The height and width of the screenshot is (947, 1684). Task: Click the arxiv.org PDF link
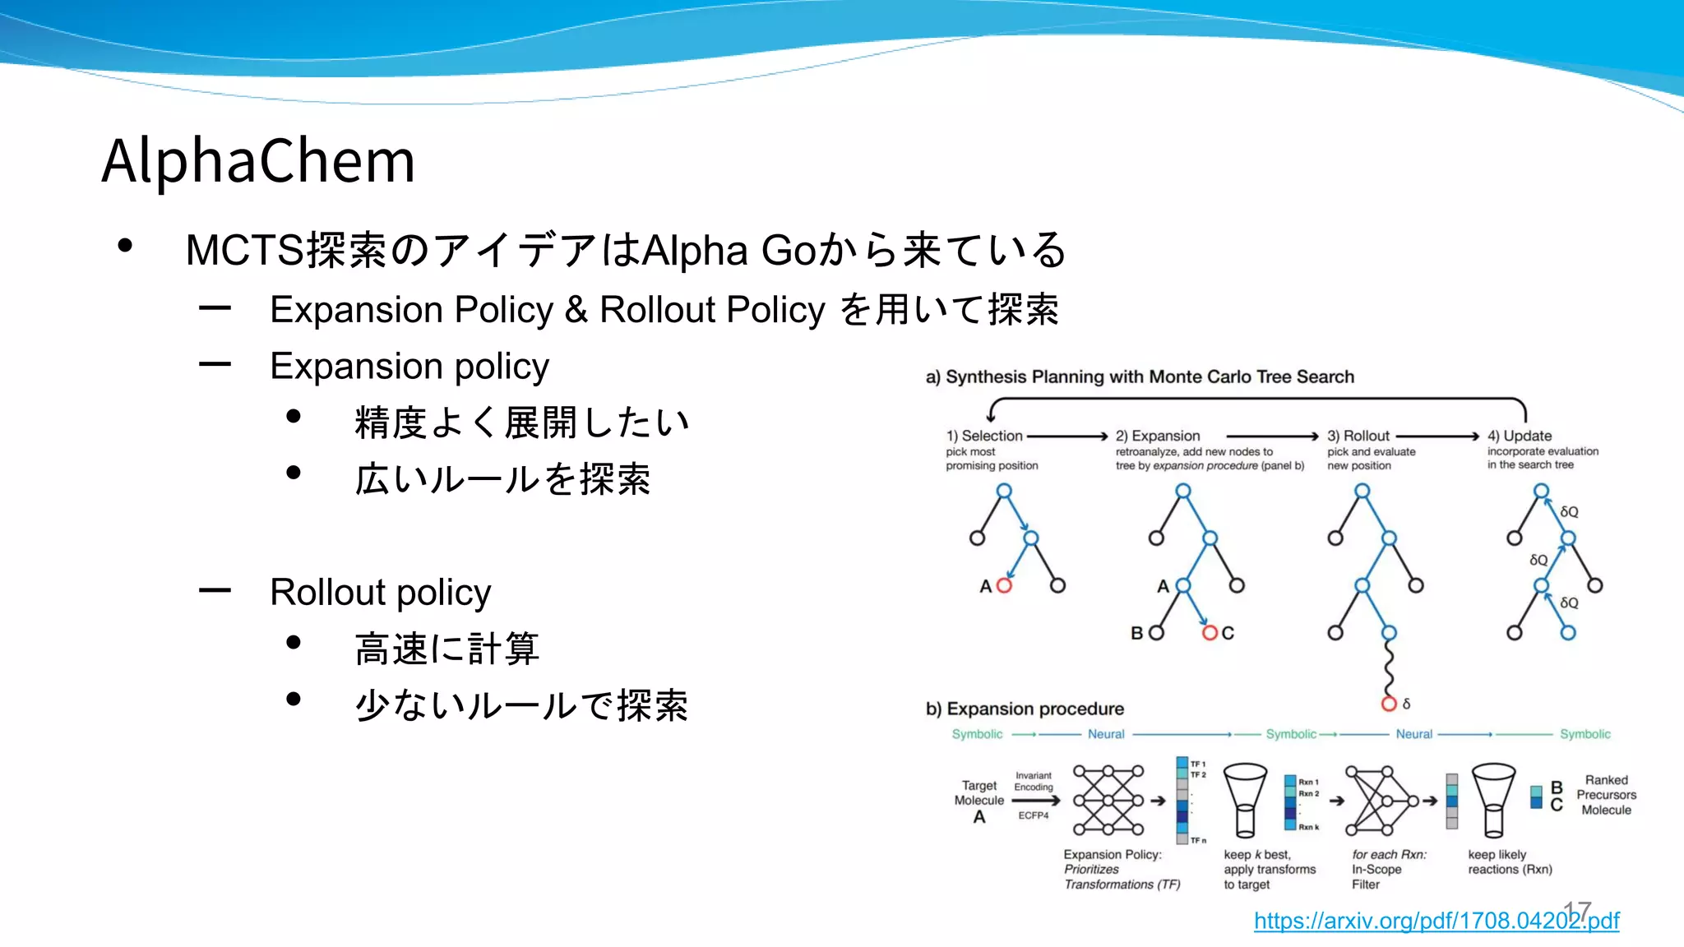[1436, 921]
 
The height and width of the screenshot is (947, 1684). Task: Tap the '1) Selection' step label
[984, 436]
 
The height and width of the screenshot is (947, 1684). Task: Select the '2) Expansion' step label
[1158, 436]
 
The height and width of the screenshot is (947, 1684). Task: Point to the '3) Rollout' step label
[1358, 436]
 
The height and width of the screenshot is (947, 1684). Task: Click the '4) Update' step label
[1520, 436]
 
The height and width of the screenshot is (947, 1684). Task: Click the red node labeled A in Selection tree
[1004, 585]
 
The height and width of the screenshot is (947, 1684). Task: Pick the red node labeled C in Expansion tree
[1210, 633]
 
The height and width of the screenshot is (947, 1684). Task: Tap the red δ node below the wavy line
[1389, 704]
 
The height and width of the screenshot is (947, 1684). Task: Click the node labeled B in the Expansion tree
[1156, 633]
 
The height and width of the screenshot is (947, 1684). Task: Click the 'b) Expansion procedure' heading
[1025, 709]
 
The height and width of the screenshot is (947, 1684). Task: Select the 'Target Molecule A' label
[978, 801]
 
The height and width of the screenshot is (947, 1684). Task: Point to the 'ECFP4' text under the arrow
[1034, 815]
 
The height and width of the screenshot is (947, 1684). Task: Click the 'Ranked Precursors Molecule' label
[1606, 795]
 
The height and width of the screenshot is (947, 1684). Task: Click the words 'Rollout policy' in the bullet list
[380, 592]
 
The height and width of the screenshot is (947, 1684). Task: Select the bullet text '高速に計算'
[447, 649]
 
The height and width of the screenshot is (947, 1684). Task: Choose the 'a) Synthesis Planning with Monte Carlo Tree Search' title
[1140, 376]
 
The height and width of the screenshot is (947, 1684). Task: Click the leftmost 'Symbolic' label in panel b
[977, 734]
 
